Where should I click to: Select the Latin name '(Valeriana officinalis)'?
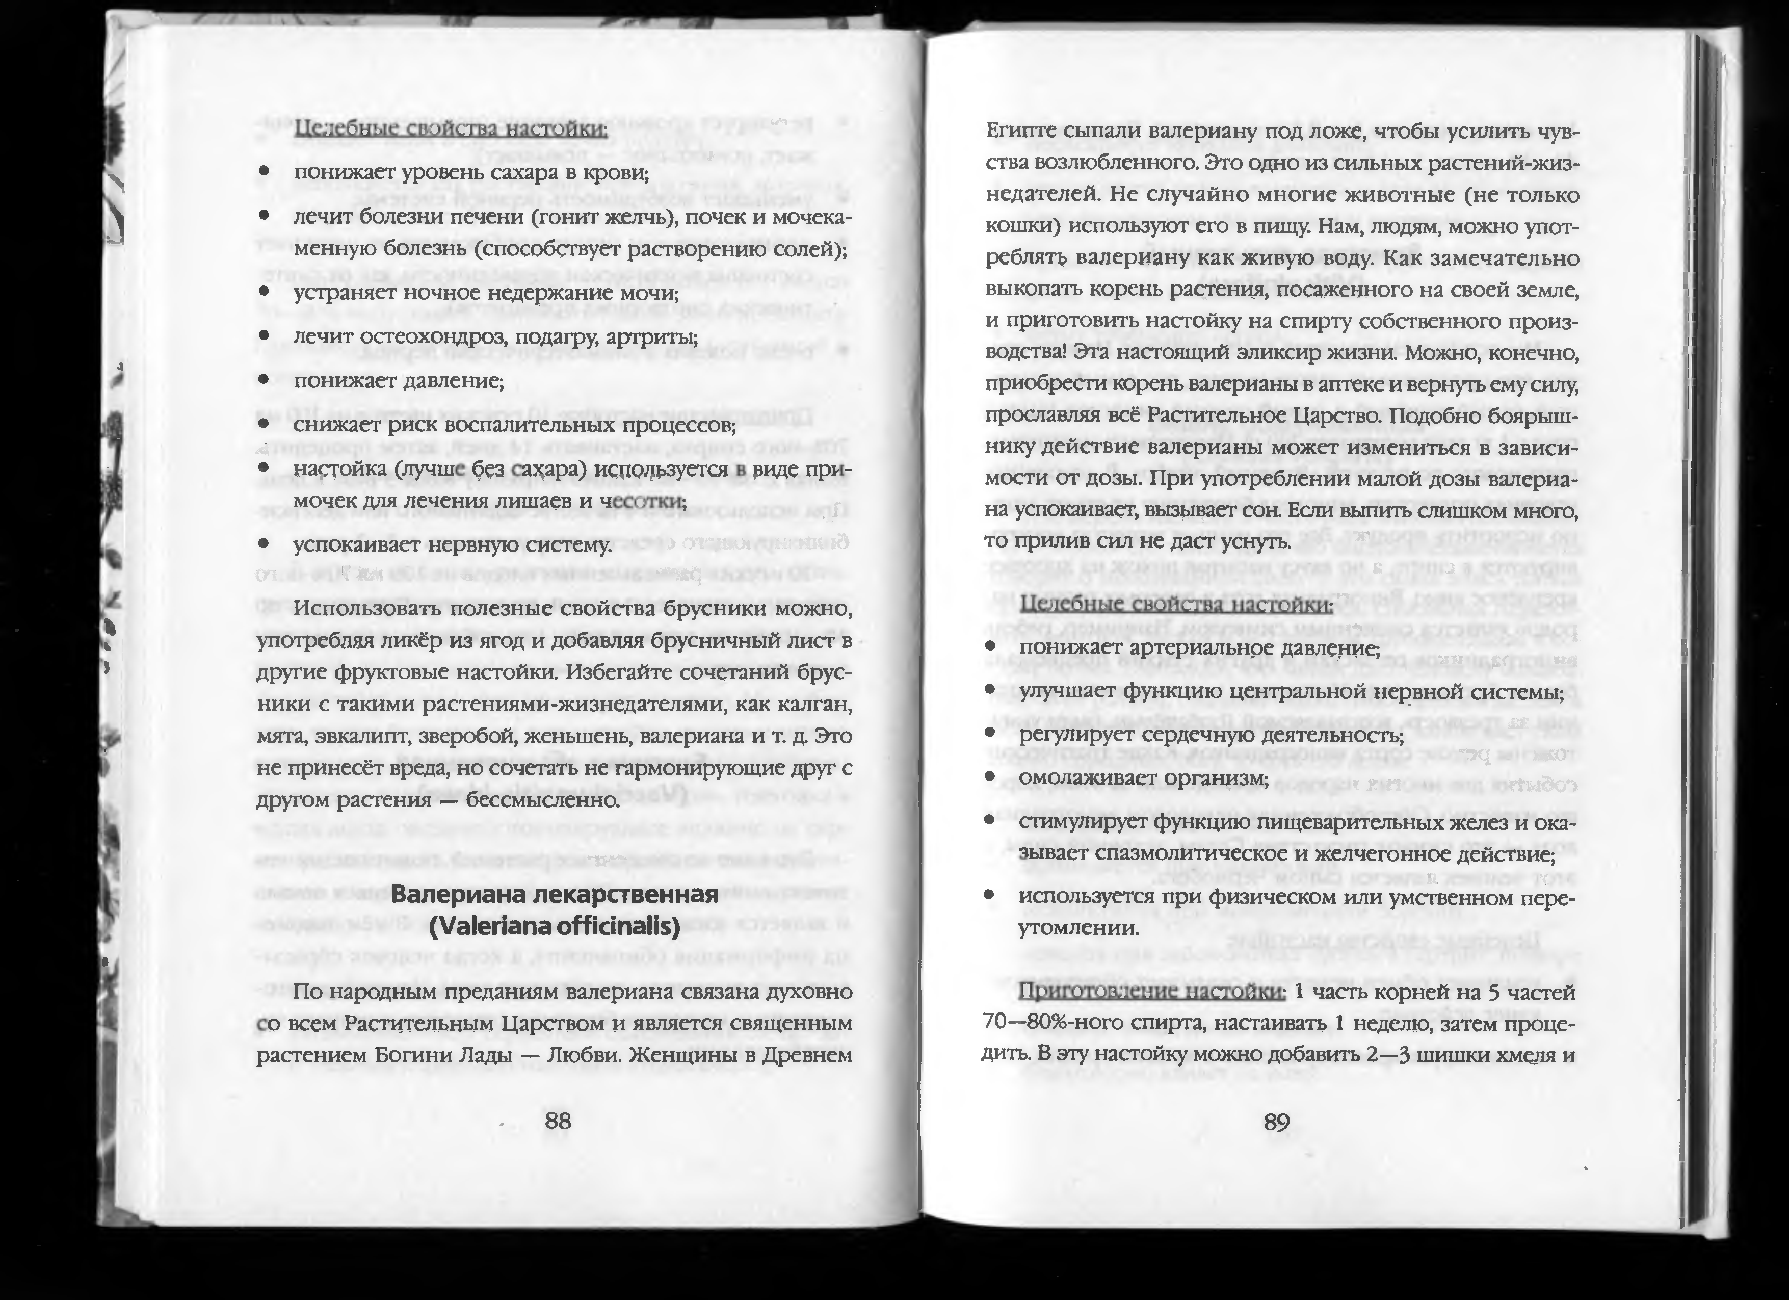555,926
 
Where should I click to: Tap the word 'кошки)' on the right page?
1017,227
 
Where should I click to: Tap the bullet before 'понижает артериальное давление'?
989,647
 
